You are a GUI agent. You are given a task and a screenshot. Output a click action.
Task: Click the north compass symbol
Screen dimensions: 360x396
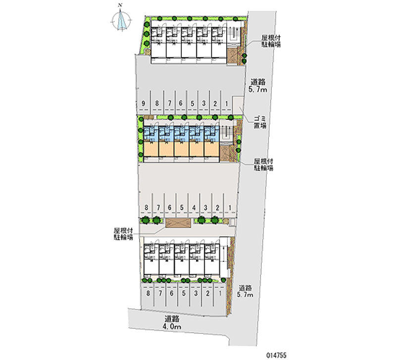pyautogui.click(x=121, y=20)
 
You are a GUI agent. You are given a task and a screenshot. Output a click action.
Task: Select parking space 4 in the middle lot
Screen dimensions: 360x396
pyautogui.click(x=195, y=208)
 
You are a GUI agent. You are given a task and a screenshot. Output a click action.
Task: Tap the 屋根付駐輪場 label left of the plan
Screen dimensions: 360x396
pyautogui.click(x=123, y=234)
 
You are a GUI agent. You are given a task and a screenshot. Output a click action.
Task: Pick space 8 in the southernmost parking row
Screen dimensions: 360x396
pyautogui.click(x=148, y=293)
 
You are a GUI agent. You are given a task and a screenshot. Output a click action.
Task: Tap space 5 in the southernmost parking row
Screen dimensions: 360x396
pyautogui.click(x=184, y=293)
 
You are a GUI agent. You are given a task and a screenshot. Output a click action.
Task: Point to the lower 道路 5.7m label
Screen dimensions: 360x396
pyautogui.click(x=246, y=291)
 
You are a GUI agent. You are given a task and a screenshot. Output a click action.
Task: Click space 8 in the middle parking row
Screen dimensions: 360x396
pyautogui.click(x=147, y=208)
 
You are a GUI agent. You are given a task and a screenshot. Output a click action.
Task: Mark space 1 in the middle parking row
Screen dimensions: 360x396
pyautogui.click(x=230, y=208)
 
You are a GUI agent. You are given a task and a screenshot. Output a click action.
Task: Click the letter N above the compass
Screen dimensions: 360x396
pyautogui.click(x=119, y=6)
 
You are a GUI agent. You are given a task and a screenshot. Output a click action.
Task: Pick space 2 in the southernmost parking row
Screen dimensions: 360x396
pyautogui.click(x=208, y=293)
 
